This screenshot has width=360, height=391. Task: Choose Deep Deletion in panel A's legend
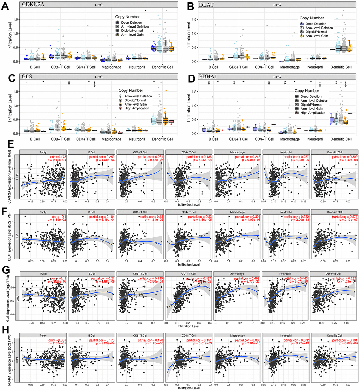134,22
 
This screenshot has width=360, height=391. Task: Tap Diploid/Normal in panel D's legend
312,105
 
